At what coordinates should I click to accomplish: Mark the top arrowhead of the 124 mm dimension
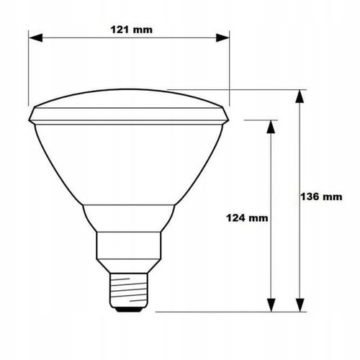(x=271, y=124)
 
